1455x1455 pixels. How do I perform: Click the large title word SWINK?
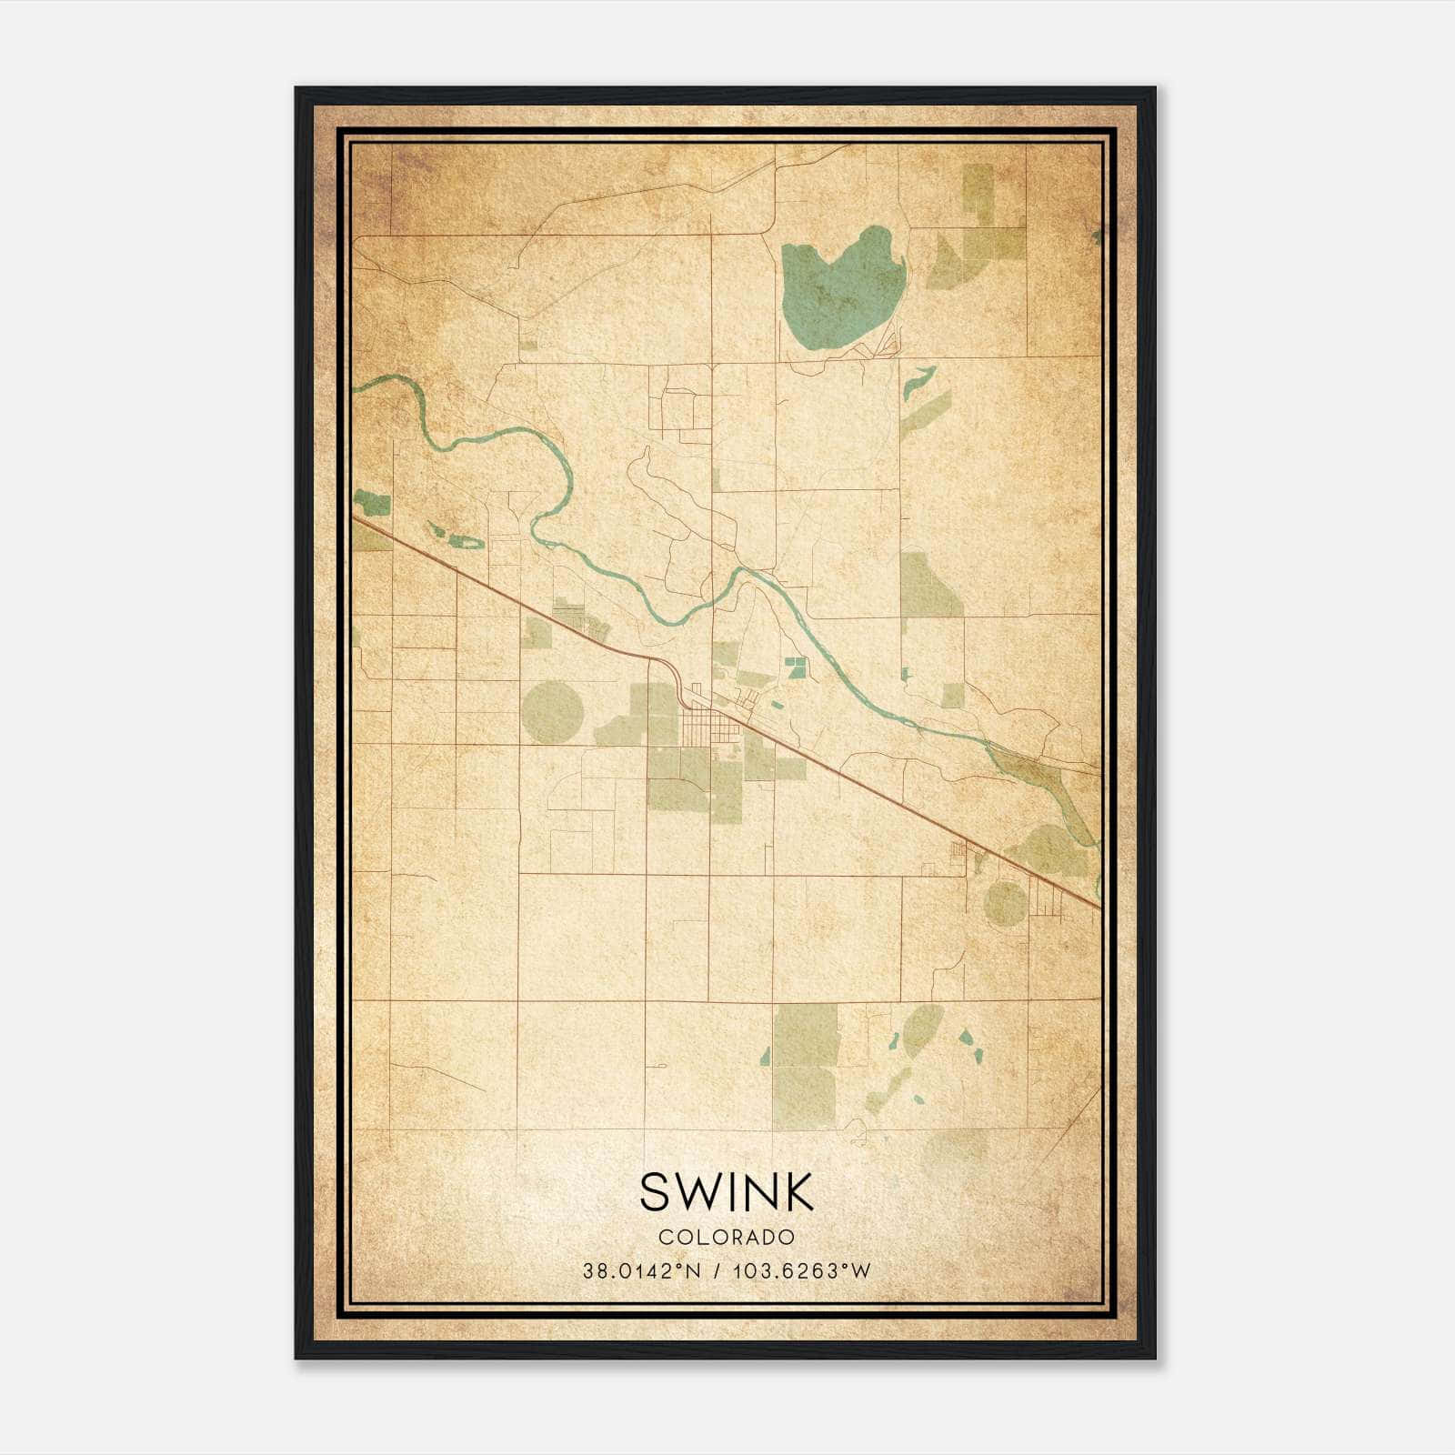point(727,1192)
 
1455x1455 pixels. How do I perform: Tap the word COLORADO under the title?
point(727,1238)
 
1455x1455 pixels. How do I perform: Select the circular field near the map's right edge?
point(1005,903)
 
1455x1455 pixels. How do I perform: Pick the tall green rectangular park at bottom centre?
point(805,1064)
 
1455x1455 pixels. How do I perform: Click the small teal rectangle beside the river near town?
point(796,667)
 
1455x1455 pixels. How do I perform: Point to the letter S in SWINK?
point(655,1192)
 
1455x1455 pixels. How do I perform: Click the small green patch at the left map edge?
point(371,502)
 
